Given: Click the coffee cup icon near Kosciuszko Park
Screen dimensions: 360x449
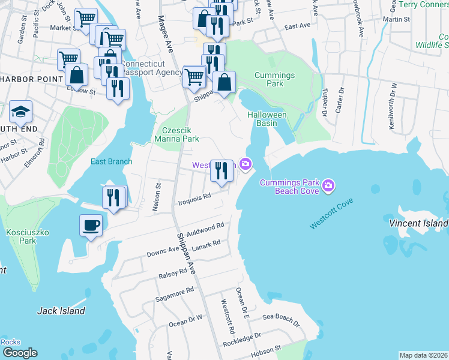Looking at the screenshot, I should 91,226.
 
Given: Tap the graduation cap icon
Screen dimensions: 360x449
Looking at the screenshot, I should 20,112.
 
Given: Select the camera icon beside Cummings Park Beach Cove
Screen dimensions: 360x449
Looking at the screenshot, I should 328,186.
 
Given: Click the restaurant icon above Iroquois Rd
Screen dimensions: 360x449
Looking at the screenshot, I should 221,171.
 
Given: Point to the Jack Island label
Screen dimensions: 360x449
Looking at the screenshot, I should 61,311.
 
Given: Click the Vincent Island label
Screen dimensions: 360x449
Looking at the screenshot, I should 418,223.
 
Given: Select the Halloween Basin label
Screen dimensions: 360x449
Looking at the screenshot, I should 267,119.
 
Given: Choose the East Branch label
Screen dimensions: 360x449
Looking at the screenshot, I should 110,161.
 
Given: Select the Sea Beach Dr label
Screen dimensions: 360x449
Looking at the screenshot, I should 280,317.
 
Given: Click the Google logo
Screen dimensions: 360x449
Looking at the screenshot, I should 20,353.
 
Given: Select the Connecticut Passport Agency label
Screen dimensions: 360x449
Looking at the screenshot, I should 152,68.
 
